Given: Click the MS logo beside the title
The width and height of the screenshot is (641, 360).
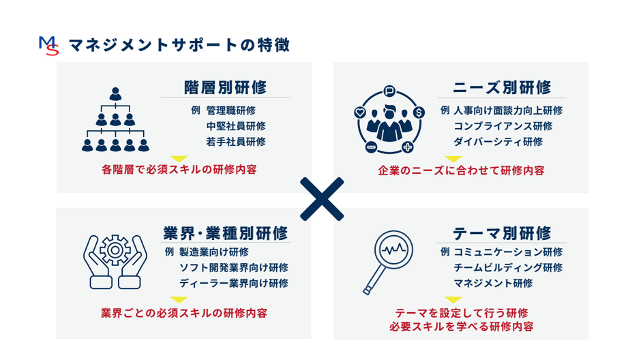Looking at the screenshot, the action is click(49, 46).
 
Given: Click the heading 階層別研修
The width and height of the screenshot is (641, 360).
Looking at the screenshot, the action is click(225, 87).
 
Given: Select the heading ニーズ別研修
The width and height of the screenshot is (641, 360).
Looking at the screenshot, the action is click(502, 87).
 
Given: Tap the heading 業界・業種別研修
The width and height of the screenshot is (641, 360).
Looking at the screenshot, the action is click(226, 233).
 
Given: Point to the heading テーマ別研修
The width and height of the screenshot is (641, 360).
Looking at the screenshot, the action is click(502, 233).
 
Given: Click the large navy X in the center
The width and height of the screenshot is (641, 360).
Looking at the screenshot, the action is click(322, 199).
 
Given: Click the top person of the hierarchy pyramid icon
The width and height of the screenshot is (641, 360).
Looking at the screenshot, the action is click(116, 94).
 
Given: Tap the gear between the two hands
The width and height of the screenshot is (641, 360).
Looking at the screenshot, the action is click(115, 250).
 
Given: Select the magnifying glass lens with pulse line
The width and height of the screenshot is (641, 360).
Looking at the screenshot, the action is click(393, 250).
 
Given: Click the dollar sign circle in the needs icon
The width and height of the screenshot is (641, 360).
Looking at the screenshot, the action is click(419, 112).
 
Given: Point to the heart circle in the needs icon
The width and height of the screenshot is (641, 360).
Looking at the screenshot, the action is click(360, 112).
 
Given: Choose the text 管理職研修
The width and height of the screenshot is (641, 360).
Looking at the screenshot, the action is click(231, 110).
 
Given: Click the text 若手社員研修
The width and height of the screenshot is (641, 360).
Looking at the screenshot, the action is click(236, 142).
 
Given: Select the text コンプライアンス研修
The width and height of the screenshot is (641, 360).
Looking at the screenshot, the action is click(503, 126).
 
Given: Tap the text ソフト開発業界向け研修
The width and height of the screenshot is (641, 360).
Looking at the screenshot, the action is click(234, 268).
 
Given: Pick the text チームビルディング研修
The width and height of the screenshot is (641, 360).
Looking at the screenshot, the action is click(508, 268).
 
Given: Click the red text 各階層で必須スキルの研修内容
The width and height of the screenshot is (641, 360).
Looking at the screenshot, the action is click(179, 170).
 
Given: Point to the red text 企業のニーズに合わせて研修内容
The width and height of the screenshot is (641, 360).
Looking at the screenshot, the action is click(461, 170).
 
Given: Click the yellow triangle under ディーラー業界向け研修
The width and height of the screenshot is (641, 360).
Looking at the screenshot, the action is click(179, 299).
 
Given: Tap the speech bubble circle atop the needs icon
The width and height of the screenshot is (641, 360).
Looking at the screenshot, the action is click(389, 91).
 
